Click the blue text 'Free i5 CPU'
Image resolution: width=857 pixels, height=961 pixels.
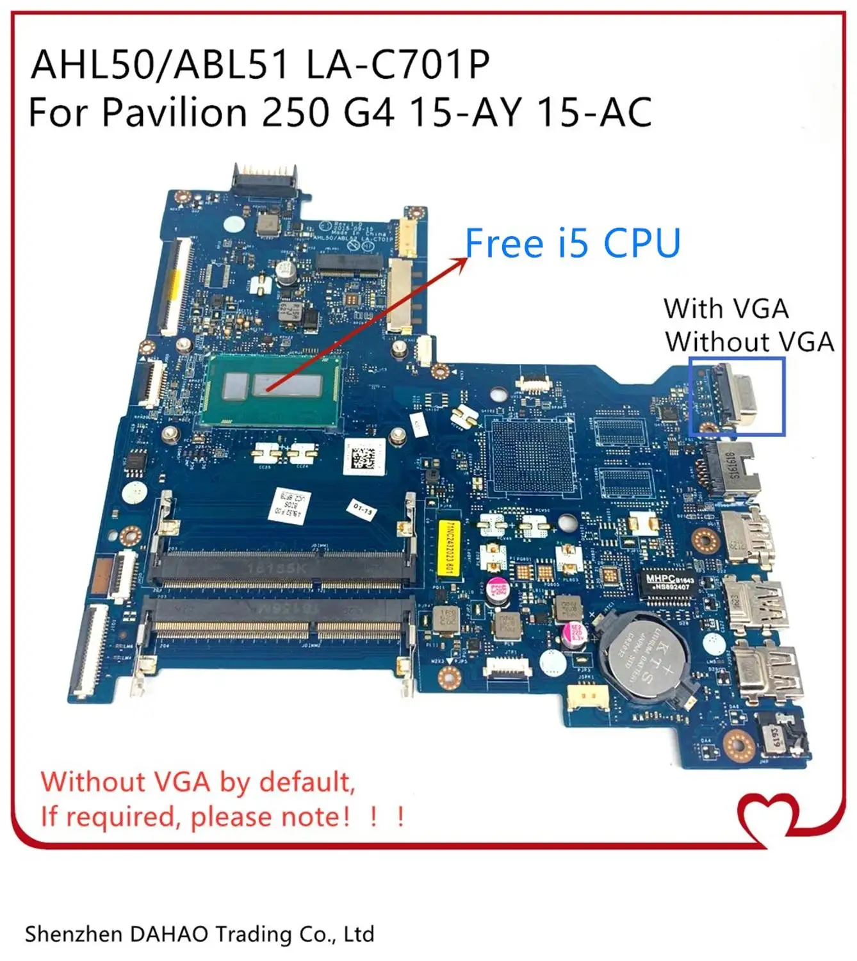click(x=572, y=243)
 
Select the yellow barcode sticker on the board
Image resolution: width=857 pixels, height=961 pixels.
click(x=449, y=548)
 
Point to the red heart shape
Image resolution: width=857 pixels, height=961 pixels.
click(x=769, y=817)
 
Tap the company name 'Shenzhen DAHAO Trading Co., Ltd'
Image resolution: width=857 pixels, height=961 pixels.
click(x=199, y=934)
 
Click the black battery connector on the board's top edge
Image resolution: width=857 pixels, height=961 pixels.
click(x=265, y=179)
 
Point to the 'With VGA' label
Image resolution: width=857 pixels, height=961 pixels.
click(x=726, y=309)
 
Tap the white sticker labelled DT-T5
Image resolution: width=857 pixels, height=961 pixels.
click(x=363, y=510)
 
